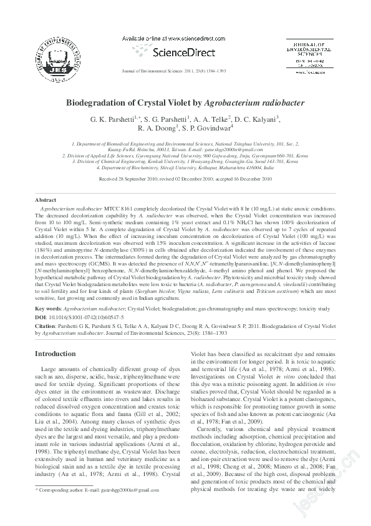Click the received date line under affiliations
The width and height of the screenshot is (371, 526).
pyautogui.click(x=185, y=179)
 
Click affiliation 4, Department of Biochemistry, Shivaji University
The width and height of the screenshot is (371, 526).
pyautogui.click(x=185, y=168)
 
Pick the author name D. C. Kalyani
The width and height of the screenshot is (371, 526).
pyautogui.click(x=257, y=119)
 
